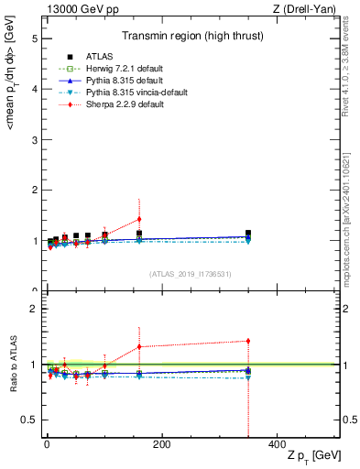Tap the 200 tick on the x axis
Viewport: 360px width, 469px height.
point(161,445)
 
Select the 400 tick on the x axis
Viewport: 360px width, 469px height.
point(277,445)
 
